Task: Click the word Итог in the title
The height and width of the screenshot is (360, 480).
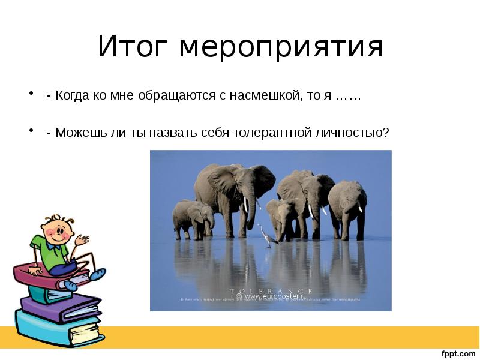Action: (133, 47)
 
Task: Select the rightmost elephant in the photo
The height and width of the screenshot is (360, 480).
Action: (348, 207)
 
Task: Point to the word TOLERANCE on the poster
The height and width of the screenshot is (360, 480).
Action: (271, 290)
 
